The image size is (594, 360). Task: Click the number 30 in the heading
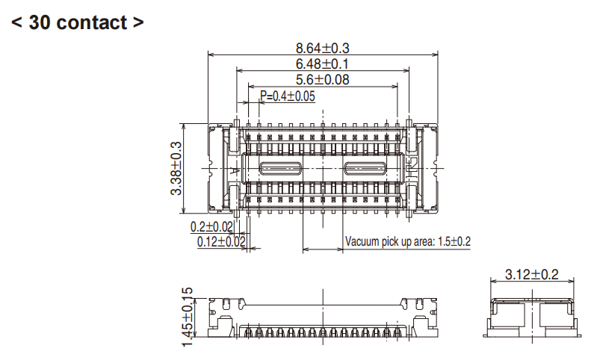40,22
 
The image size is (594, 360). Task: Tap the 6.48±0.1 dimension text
323,64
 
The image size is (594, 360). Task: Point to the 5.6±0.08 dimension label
323,80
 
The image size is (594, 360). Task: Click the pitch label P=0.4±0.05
288,96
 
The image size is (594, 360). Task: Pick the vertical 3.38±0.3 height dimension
177,168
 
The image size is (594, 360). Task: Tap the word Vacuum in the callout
363,242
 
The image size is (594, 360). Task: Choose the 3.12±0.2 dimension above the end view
532,274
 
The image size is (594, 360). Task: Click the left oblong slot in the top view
280,168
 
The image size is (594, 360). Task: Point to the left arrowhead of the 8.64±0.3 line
210,55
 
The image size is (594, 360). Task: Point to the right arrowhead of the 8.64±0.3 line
436,55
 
